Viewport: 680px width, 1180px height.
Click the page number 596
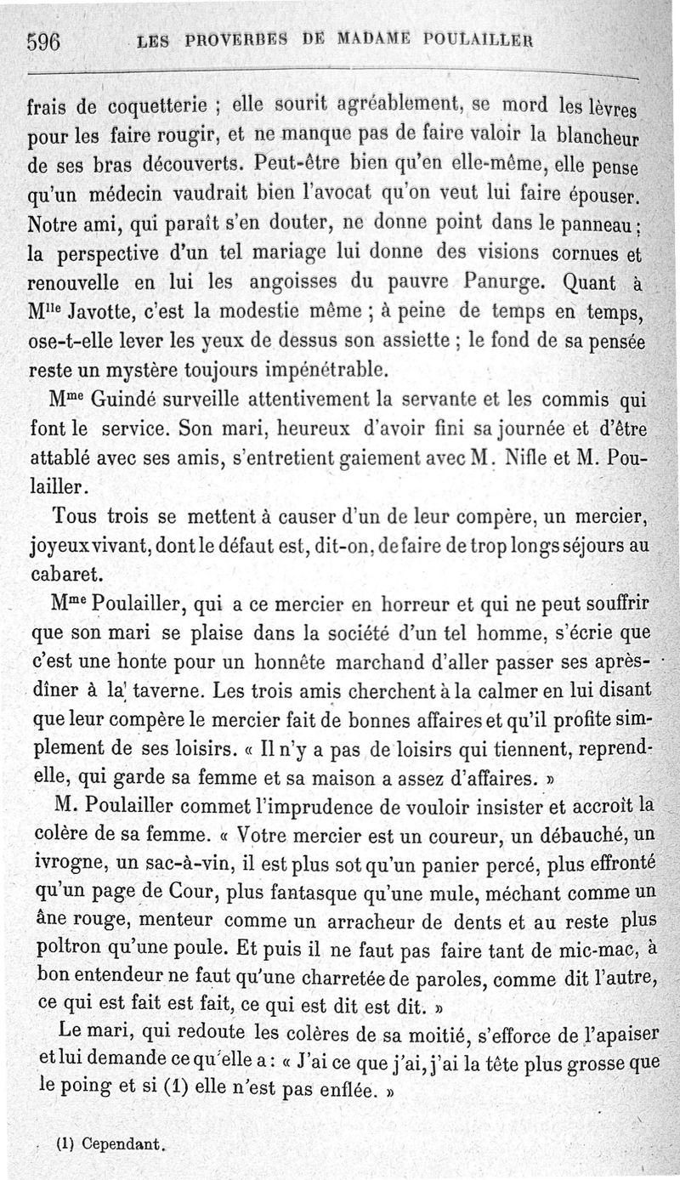[43, 40]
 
